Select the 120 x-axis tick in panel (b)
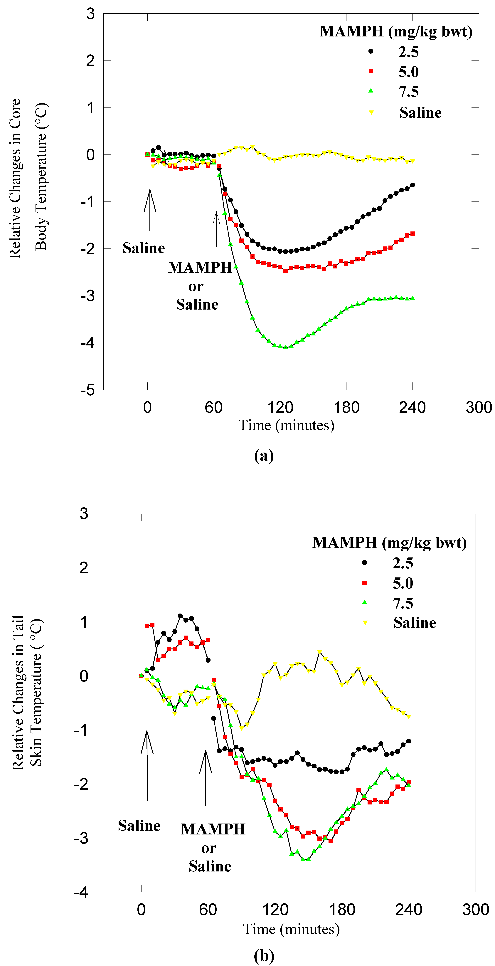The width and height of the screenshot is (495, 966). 275,909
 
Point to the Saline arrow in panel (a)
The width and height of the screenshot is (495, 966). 150,210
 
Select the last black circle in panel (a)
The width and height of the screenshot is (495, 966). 412,185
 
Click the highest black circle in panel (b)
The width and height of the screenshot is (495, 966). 180,616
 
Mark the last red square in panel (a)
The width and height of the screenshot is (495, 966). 412,234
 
